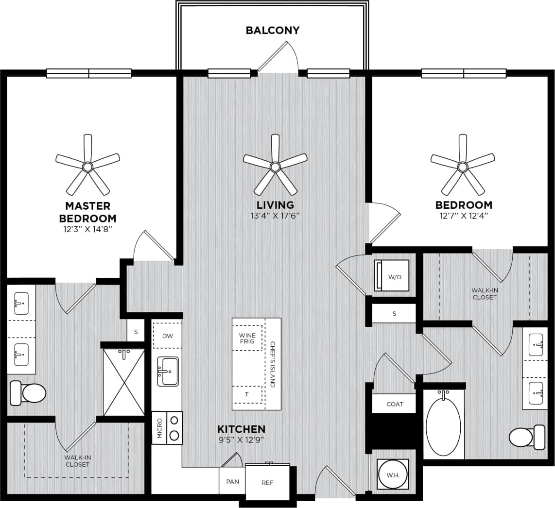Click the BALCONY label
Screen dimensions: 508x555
pos(273,30)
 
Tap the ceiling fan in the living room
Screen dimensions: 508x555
pos(275,167)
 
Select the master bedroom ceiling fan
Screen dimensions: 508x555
pos(87,167)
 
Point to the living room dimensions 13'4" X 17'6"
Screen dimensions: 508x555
pos(275,216)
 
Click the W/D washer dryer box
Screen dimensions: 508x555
pos(392,275)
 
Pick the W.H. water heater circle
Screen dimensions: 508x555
pos(393,474)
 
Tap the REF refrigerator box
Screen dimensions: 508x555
pos(267,482)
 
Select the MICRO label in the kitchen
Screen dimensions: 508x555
pos(159,428)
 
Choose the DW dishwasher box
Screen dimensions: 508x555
pos(167,336)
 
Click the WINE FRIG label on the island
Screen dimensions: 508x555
pos(247,339)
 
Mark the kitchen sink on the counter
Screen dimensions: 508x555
pos(168,372)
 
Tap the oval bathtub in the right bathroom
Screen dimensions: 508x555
pos(443,427)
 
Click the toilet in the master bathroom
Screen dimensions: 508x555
pos(29,393)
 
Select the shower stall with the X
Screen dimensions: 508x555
pos(124,382)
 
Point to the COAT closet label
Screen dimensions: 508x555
pos(394,404)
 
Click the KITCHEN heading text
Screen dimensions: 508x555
pos(241,429)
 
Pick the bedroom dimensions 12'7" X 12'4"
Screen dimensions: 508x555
pos(463,216)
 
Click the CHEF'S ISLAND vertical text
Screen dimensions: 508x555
pos(273,363)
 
